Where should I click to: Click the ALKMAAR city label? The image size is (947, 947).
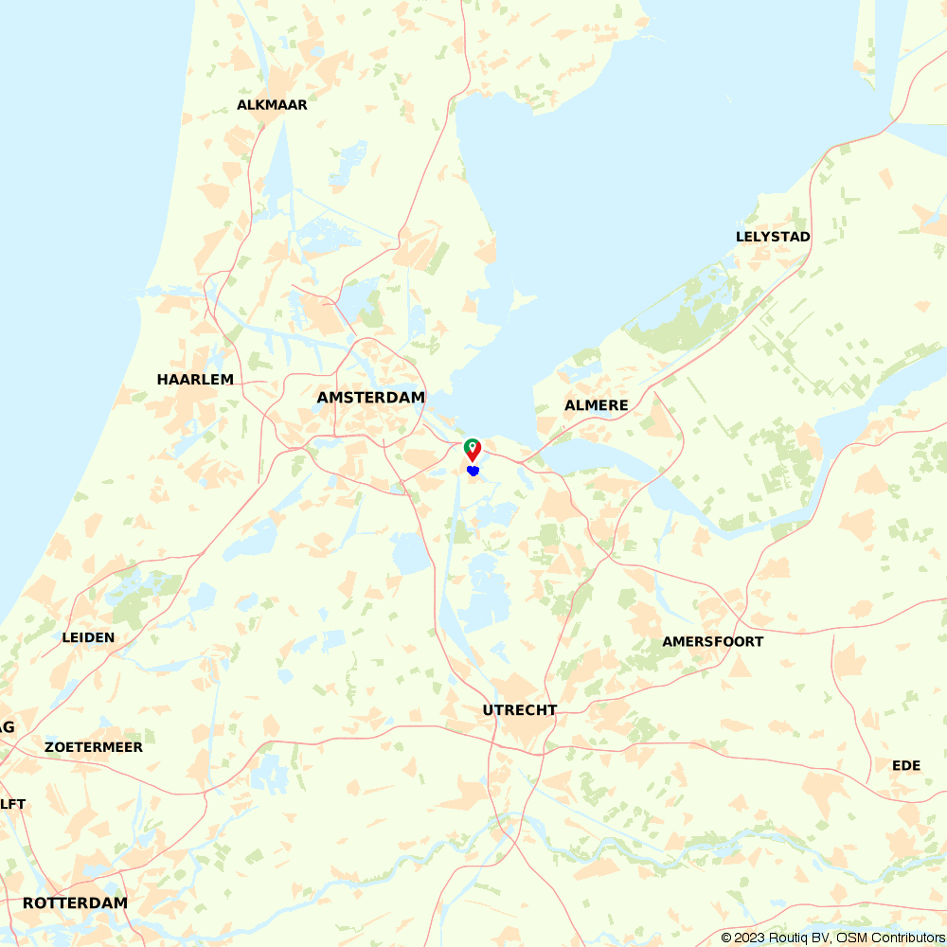pos(272,105)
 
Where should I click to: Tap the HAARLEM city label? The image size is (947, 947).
pos(195,380)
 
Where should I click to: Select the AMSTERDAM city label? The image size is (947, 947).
pos(370,398)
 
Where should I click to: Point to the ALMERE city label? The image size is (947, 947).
pos(597,405)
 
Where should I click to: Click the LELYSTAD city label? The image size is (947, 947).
pos(773,237)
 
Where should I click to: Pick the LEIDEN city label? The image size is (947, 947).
pos(88,637)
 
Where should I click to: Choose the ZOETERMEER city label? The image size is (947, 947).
pos(94,747)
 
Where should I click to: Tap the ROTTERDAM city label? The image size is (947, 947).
pos(75,903)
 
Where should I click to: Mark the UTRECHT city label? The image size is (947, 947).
pos(520,710)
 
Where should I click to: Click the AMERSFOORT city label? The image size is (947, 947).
pos(712,642)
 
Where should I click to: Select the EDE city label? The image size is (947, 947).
pos(906,765)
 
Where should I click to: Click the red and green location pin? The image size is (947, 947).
pos(473,449)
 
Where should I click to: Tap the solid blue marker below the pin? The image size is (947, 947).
pos(473,471)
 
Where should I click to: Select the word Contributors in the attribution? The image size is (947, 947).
pos(905,938)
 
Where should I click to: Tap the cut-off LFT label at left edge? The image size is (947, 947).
pos(12,805)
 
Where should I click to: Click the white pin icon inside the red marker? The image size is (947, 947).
pos(473,445)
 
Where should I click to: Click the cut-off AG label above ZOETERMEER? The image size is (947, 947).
pos(7,727)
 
